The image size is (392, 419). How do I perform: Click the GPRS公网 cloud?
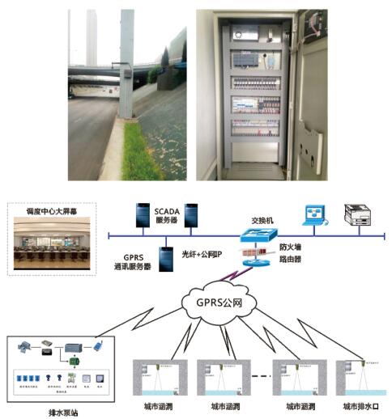(x=216, y=303)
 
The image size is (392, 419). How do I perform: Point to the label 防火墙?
(x=292, y=246)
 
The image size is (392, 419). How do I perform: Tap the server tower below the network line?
(x=166, y=256)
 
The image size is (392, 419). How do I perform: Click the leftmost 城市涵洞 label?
(x=155, y=405)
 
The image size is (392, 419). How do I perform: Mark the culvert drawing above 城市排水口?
(x=359, y=376)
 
